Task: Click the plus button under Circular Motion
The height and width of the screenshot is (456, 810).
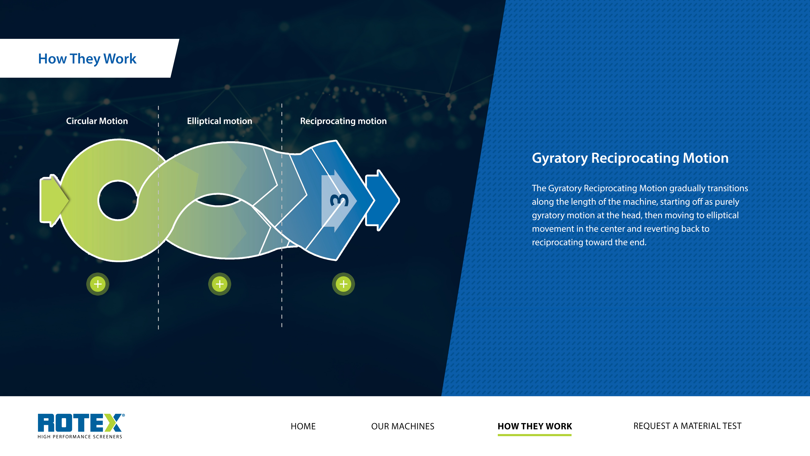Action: tap(98, 284)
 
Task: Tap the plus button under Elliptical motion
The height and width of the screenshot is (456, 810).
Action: tap(219, 284)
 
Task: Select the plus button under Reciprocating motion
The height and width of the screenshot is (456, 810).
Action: tap(343, 284)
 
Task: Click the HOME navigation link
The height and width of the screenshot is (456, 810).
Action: tap(303, 426)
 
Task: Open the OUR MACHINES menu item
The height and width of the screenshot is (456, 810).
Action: tap(402, 426)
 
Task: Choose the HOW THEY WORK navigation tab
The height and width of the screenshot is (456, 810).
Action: tap(535, 426)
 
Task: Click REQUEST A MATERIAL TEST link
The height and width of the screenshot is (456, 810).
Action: tap(687, 426)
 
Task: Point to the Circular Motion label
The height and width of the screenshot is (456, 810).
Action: tap(97, 121)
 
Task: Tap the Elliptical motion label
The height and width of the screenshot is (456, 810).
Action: tap(219, 121)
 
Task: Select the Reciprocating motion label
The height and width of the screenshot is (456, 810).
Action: tap(343, 121)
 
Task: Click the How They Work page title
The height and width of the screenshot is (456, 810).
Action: tap(87, 59)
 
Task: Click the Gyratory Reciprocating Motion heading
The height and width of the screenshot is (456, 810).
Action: tap(630, 158)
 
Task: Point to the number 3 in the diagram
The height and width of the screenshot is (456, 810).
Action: tap(339, 200)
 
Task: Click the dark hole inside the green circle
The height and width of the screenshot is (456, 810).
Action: tap(118, 200)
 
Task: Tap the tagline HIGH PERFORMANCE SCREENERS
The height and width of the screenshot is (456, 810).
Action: tap(80, 437)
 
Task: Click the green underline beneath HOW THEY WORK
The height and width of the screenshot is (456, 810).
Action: tap(535, 435)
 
